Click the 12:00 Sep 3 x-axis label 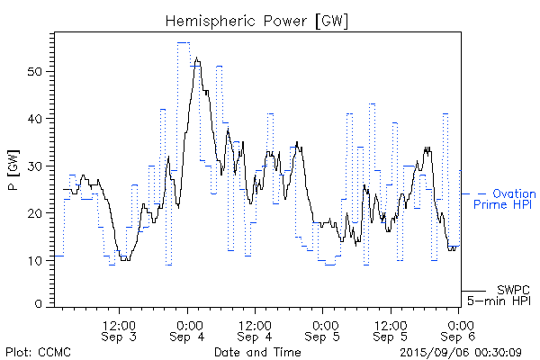click(121, 330)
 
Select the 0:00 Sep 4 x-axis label click(188, 330)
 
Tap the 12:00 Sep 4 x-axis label click(256, 330)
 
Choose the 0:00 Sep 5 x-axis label click(323, 330)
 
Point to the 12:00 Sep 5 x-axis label click(391, 330)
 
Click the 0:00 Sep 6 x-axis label click(459, 330)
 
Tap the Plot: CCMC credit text click(38, 352)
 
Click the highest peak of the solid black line click(196, 58)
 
